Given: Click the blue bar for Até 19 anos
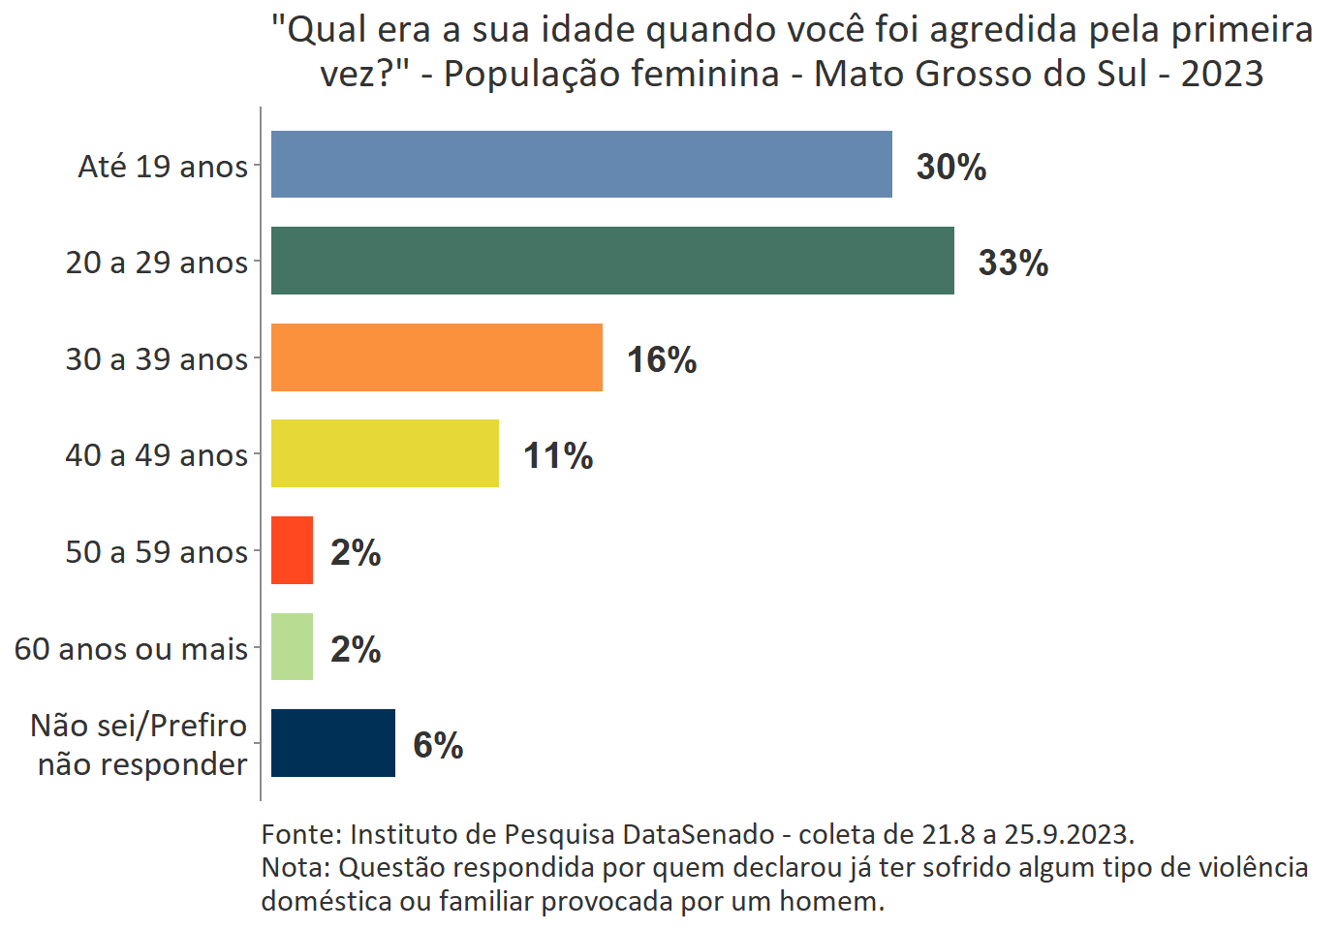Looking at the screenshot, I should (x=581, y=165).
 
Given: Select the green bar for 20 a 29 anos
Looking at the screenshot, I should (x=612, y=261).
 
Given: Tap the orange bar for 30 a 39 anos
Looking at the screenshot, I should (x=436, y=357).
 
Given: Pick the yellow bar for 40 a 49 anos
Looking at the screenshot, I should (x=385, y=453).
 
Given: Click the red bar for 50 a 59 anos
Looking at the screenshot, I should (x=292, y=550).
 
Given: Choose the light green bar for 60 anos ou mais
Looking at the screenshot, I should (x=292, y=646).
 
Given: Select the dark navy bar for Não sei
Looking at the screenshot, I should (x=332, y=743).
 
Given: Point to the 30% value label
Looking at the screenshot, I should (x=950, y=167).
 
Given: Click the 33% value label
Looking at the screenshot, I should (x=1012, y=263).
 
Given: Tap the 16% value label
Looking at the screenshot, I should (x=661, y=359).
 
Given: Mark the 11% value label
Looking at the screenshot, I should (x=557, y=455).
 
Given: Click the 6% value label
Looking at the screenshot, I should (x=437, y=745).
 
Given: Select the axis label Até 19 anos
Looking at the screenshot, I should (x=163, y=167).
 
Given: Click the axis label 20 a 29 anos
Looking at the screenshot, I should (x=156, y=263).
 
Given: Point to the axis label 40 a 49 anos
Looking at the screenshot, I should (x=156, y=455).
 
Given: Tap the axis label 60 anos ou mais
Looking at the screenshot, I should (x=131, y=648).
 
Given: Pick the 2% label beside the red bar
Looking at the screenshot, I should (x=355, y=552).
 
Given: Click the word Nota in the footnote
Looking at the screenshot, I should (x=294, y=867).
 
